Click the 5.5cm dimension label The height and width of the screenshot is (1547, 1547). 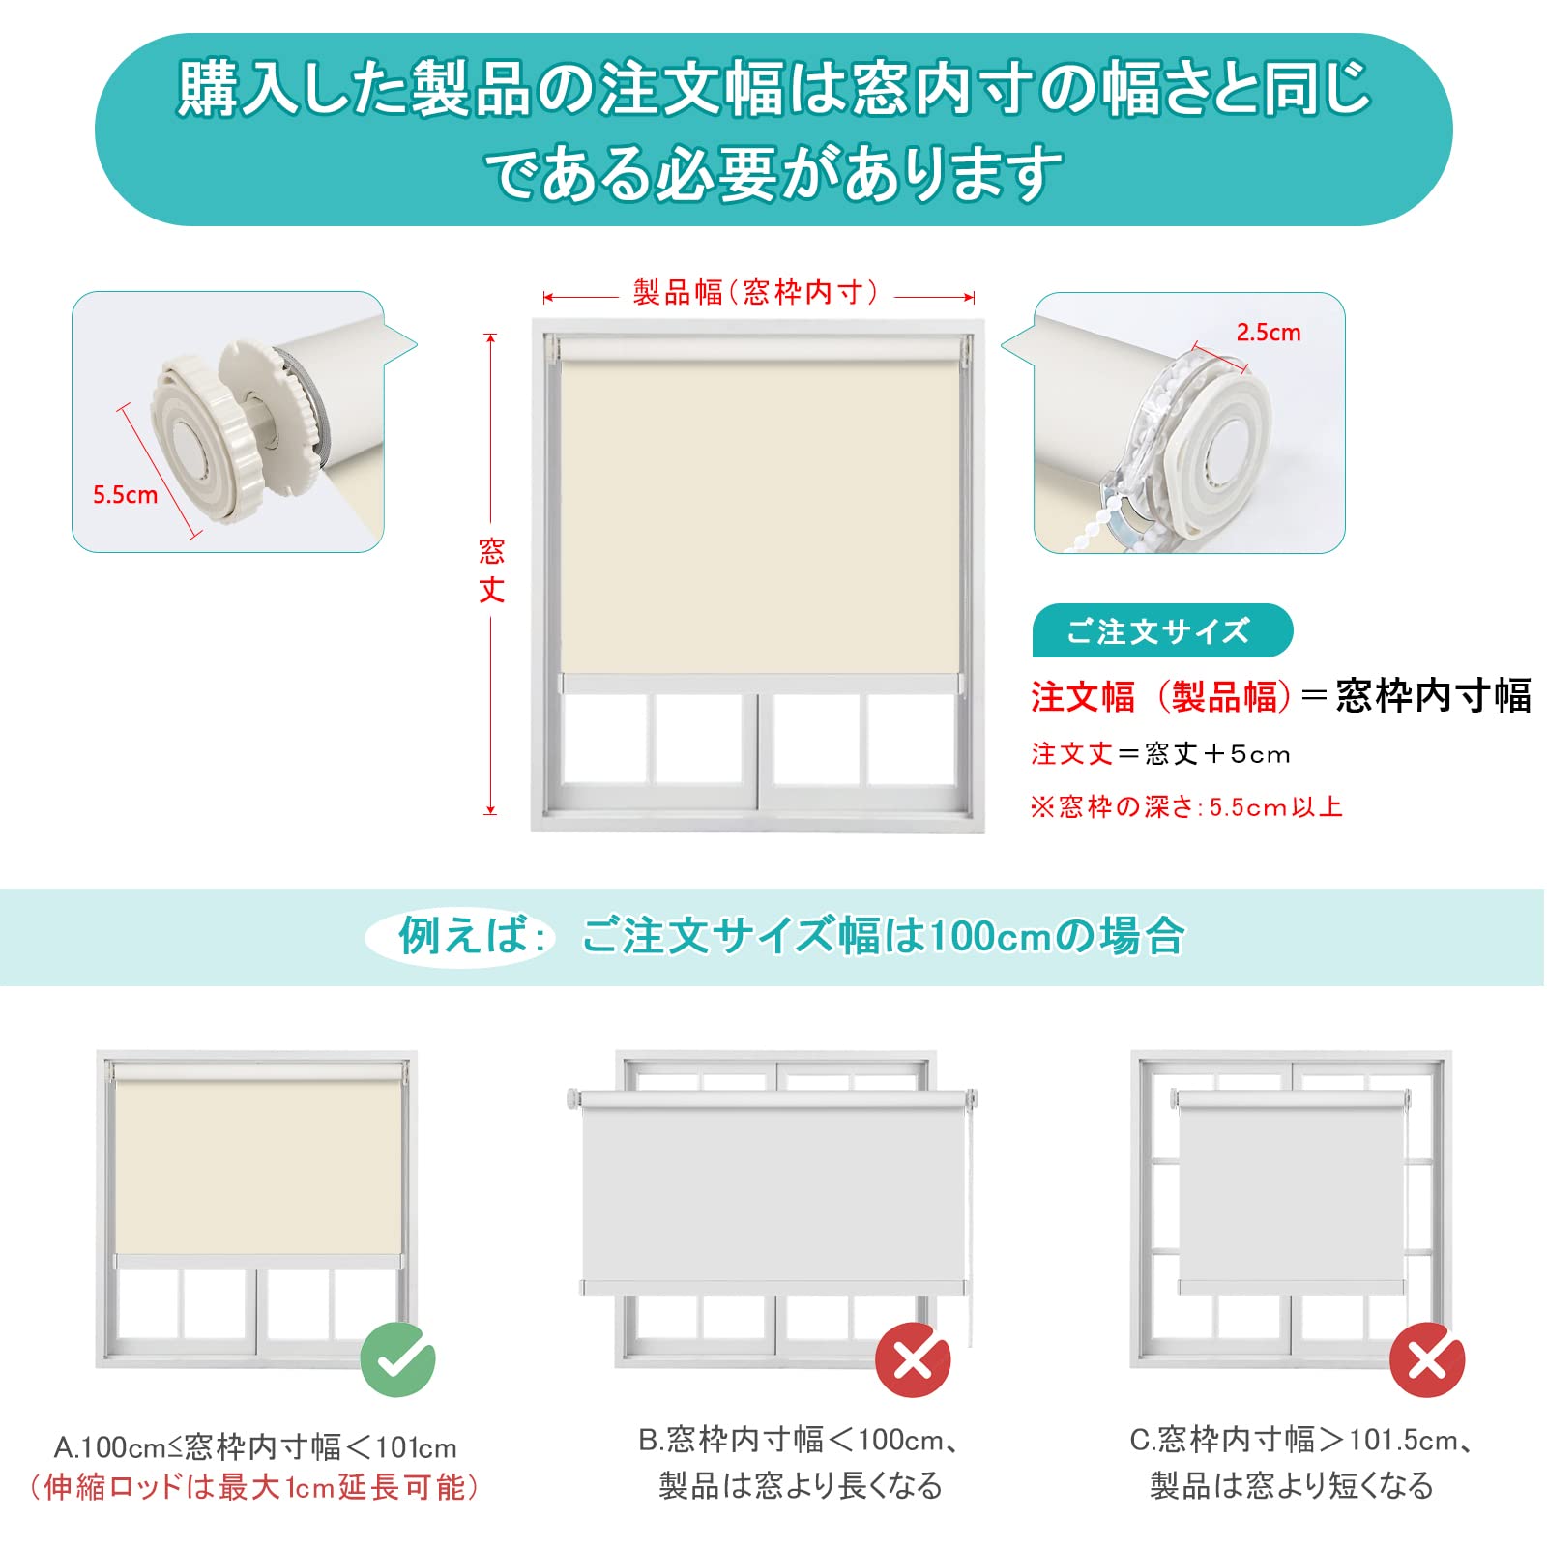point(125,495)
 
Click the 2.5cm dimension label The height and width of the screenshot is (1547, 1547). point(1268,333)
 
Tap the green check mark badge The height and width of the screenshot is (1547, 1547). point(397,1359)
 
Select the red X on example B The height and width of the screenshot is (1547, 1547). point(913,1360)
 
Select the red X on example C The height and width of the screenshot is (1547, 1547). point(1426,1360)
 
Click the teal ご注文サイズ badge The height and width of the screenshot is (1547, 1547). point(1161,631)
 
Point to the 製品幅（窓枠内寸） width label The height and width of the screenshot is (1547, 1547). point(757,292)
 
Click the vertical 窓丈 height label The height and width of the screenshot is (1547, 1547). point(491,570)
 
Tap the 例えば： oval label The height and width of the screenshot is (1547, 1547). point(461,936)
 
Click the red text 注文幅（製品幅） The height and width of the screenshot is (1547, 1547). point(1160,696)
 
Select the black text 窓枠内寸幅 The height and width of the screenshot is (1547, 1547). point(1433,696)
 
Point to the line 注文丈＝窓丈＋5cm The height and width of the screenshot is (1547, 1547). point(1160,754)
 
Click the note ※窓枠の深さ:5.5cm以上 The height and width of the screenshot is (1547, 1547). point(1186,806)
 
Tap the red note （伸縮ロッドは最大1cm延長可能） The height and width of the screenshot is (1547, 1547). point(254,1487)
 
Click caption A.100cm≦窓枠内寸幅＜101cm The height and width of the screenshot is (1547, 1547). point(255,1447)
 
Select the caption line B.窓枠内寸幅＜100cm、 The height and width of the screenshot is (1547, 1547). point(800,1440)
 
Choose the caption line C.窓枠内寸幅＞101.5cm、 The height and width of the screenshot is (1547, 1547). point(1301,1440)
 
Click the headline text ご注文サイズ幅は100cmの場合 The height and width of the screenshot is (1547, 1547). point(883,936)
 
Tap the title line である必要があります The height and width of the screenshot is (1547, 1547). point(773,174)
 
